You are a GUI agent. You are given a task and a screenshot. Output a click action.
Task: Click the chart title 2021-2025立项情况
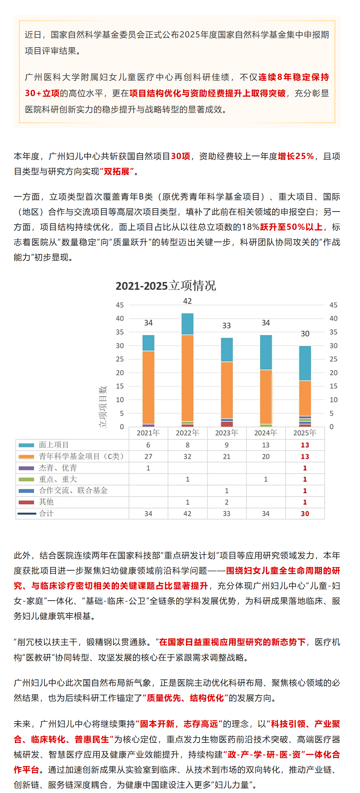(x=166, y=286)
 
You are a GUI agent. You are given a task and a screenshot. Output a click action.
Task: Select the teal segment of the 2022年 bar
(x=187, y=324)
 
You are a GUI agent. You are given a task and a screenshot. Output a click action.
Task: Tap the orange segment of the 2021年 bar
(x=148, y=387)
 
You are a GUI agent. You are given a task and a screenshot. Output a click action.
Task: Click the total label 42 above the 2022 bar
(x=187, y=301)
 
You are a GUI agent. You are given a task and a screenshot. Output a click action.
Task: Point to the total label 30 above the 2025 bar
(x=305, y=334)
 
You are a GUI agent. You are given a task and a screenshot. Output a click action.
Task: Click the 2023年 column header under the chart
(x=227, y=433)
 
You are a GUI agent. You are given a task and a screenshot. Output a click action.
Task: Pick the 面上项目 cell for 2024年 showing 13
(x=266, y=445)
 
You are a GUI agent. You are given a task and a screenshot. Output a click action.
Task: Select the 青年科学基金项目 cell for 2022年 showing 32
(x=187, y=456)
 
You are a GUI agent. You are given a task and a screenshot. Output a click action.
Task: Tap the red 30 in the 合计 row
(x=305, y=513)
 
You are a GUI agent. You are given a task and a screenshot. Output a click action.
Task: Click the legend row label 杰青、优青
(x=58, y=468)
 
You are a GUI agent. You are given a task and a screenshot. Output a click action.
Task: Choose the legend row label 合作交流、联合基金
(x=73, y=490)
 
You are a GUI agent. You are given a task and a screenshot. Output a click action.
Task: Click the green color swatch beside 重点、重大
(x=26, y=479)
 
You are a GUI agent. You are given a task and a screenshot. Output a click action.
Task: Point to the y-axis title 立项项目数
(x=103, y=407)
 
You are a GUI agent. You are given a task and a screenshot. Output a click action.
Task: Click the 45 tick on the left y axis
(x=120, y=305)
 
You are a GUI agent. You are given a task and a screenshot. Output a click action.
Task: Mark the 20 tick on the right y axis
(x=333, y=373)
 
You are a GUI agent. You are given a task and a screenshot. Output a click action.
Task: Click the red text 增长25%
(x=296, y=156)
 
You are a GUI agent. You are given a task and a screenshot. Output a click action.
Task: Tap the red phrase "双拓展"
(x=117, y=171)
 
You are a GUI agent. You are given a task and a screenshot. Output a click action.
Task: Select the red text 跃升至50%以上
(x=291, y=227)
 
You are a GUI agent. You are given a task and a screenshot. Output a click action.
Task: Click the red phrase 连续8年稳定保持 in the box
(x=294, y=77)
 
